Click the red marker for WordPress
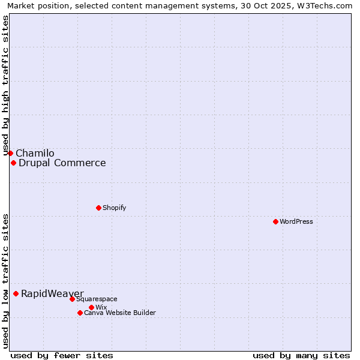click(275, 221)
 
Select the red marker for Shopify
click(98, 208)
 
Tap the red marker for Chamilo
click(10, 153)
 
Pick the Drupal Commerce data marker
click(13, 163)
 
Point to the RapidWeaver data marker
click(16, 293)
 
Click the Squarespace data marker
click(72, 299)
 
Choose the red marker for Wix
click(91, 307)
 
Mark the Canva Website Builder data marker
click(80, 313)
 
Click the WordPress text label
click(296, 221)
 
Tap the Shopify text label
click(114, 208)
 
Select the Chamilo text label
click(35, 153)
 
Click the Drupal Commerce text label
click(62, 163)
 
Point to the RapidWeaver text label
click(52, 293)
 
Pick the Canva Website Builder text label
click(120, 313)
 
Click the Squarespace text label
click(97, 299)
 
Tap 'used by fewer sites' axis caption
click(62, 355)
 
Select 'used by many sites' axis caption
click(301, 355)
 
